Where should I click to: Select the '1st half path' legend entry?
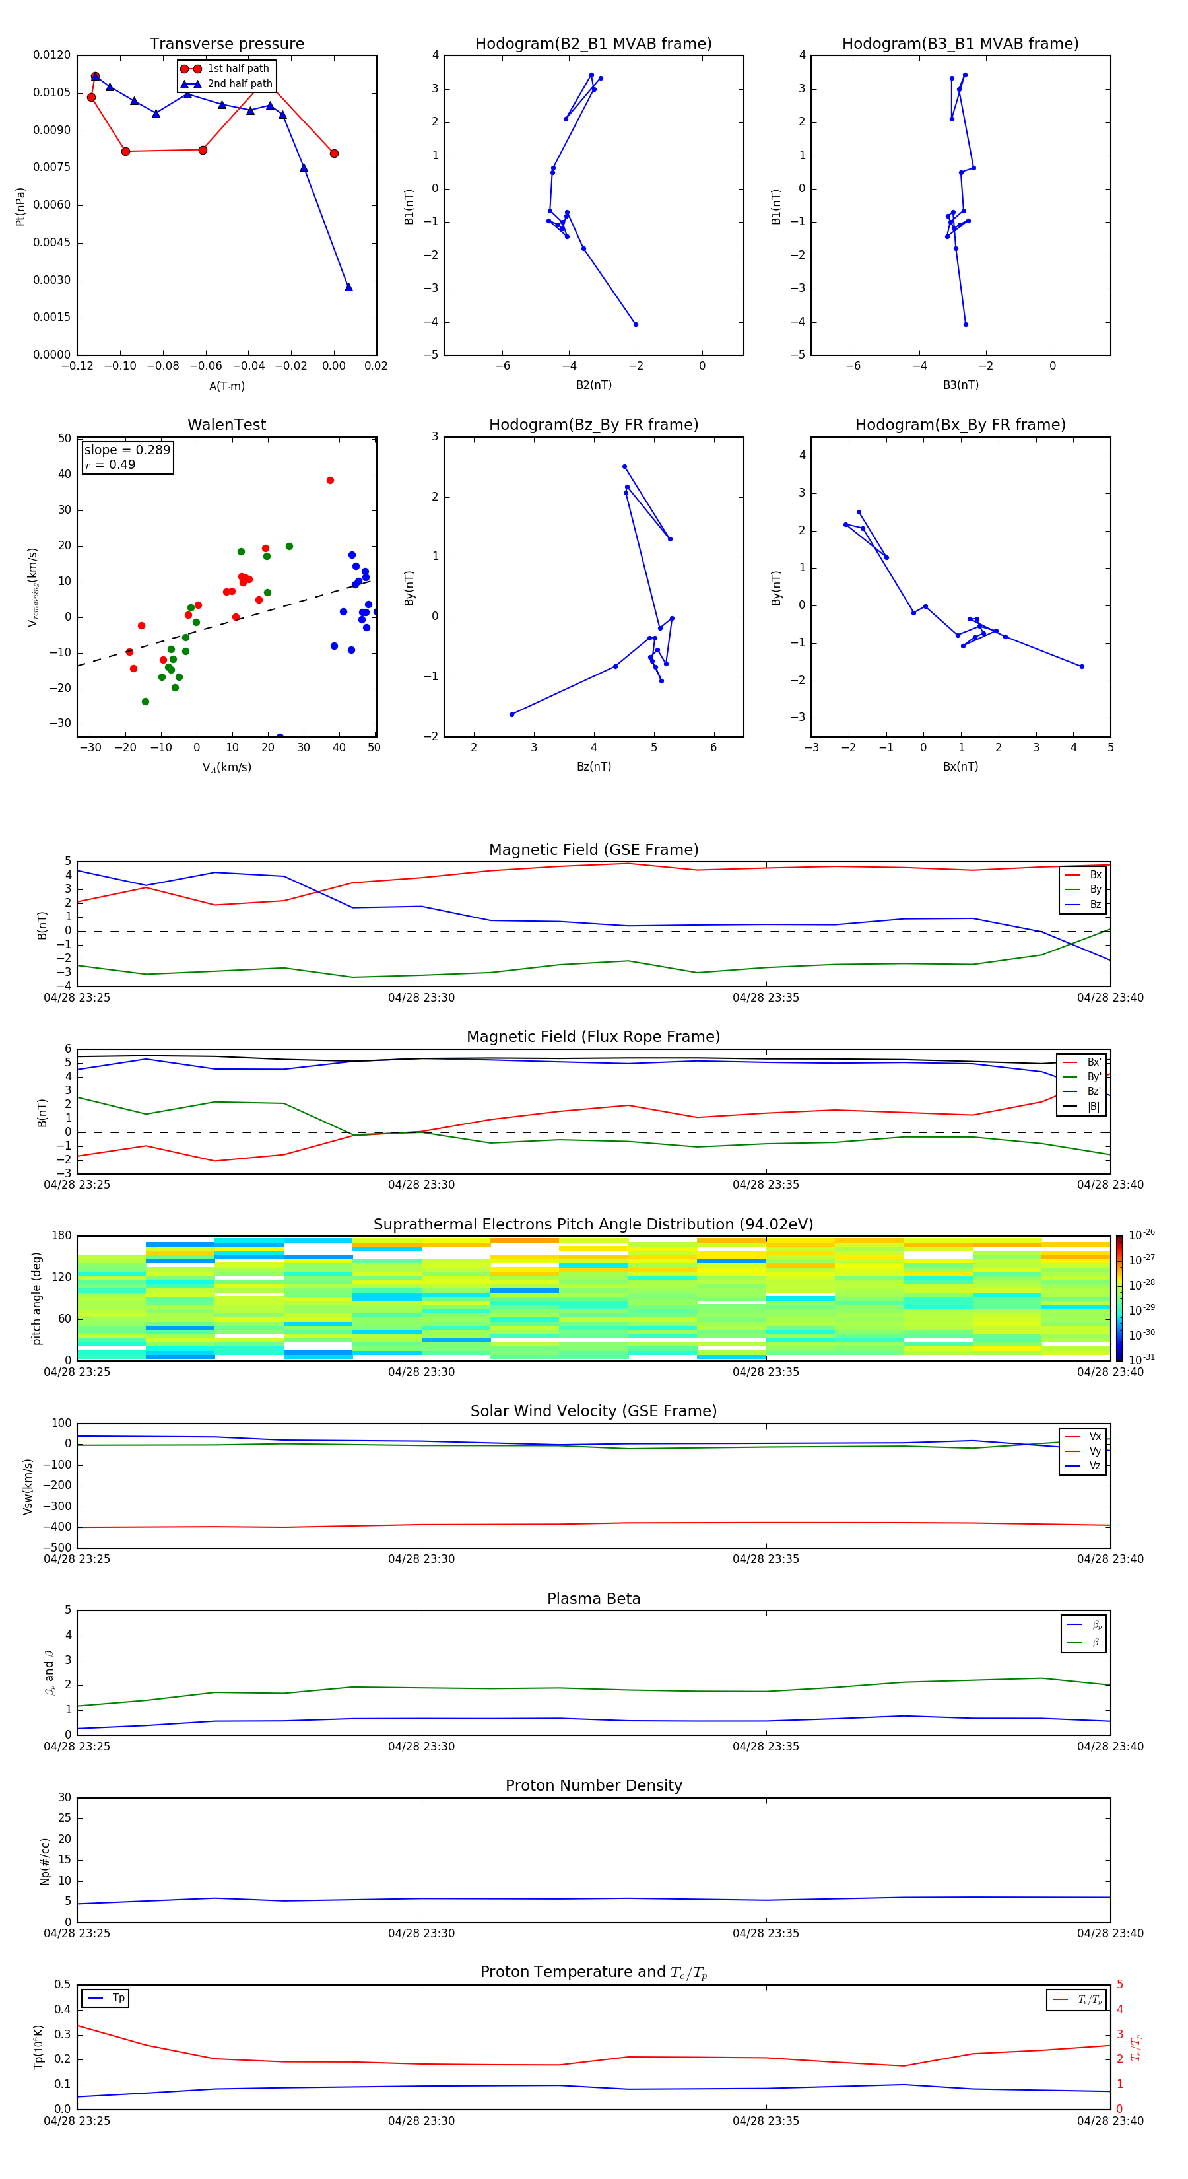coord(238,69)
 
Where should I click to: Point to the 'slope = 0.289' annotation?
coord(127,450)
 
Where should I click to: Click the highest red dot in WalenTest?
coord(330,481)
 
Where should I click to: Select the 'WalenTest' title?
coord(226,425)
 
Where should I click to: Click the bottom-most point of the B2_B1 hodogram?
coord(636,324)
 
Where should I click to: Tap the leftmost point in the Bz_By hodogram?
coord(511,714)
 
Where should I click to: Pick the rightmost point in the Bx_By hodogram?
coord(1082,666)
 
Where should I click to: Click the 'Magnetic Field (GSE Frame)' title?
coord(593,850)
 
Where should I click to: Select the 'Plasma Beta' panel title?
coord(593,1599)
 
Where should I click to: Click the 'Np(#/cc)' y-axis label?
coord(45,1861)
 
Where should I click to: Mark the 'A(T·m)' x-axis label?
coord(226,386)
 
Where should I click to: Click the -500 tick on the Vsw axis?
coord(60,1548)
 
